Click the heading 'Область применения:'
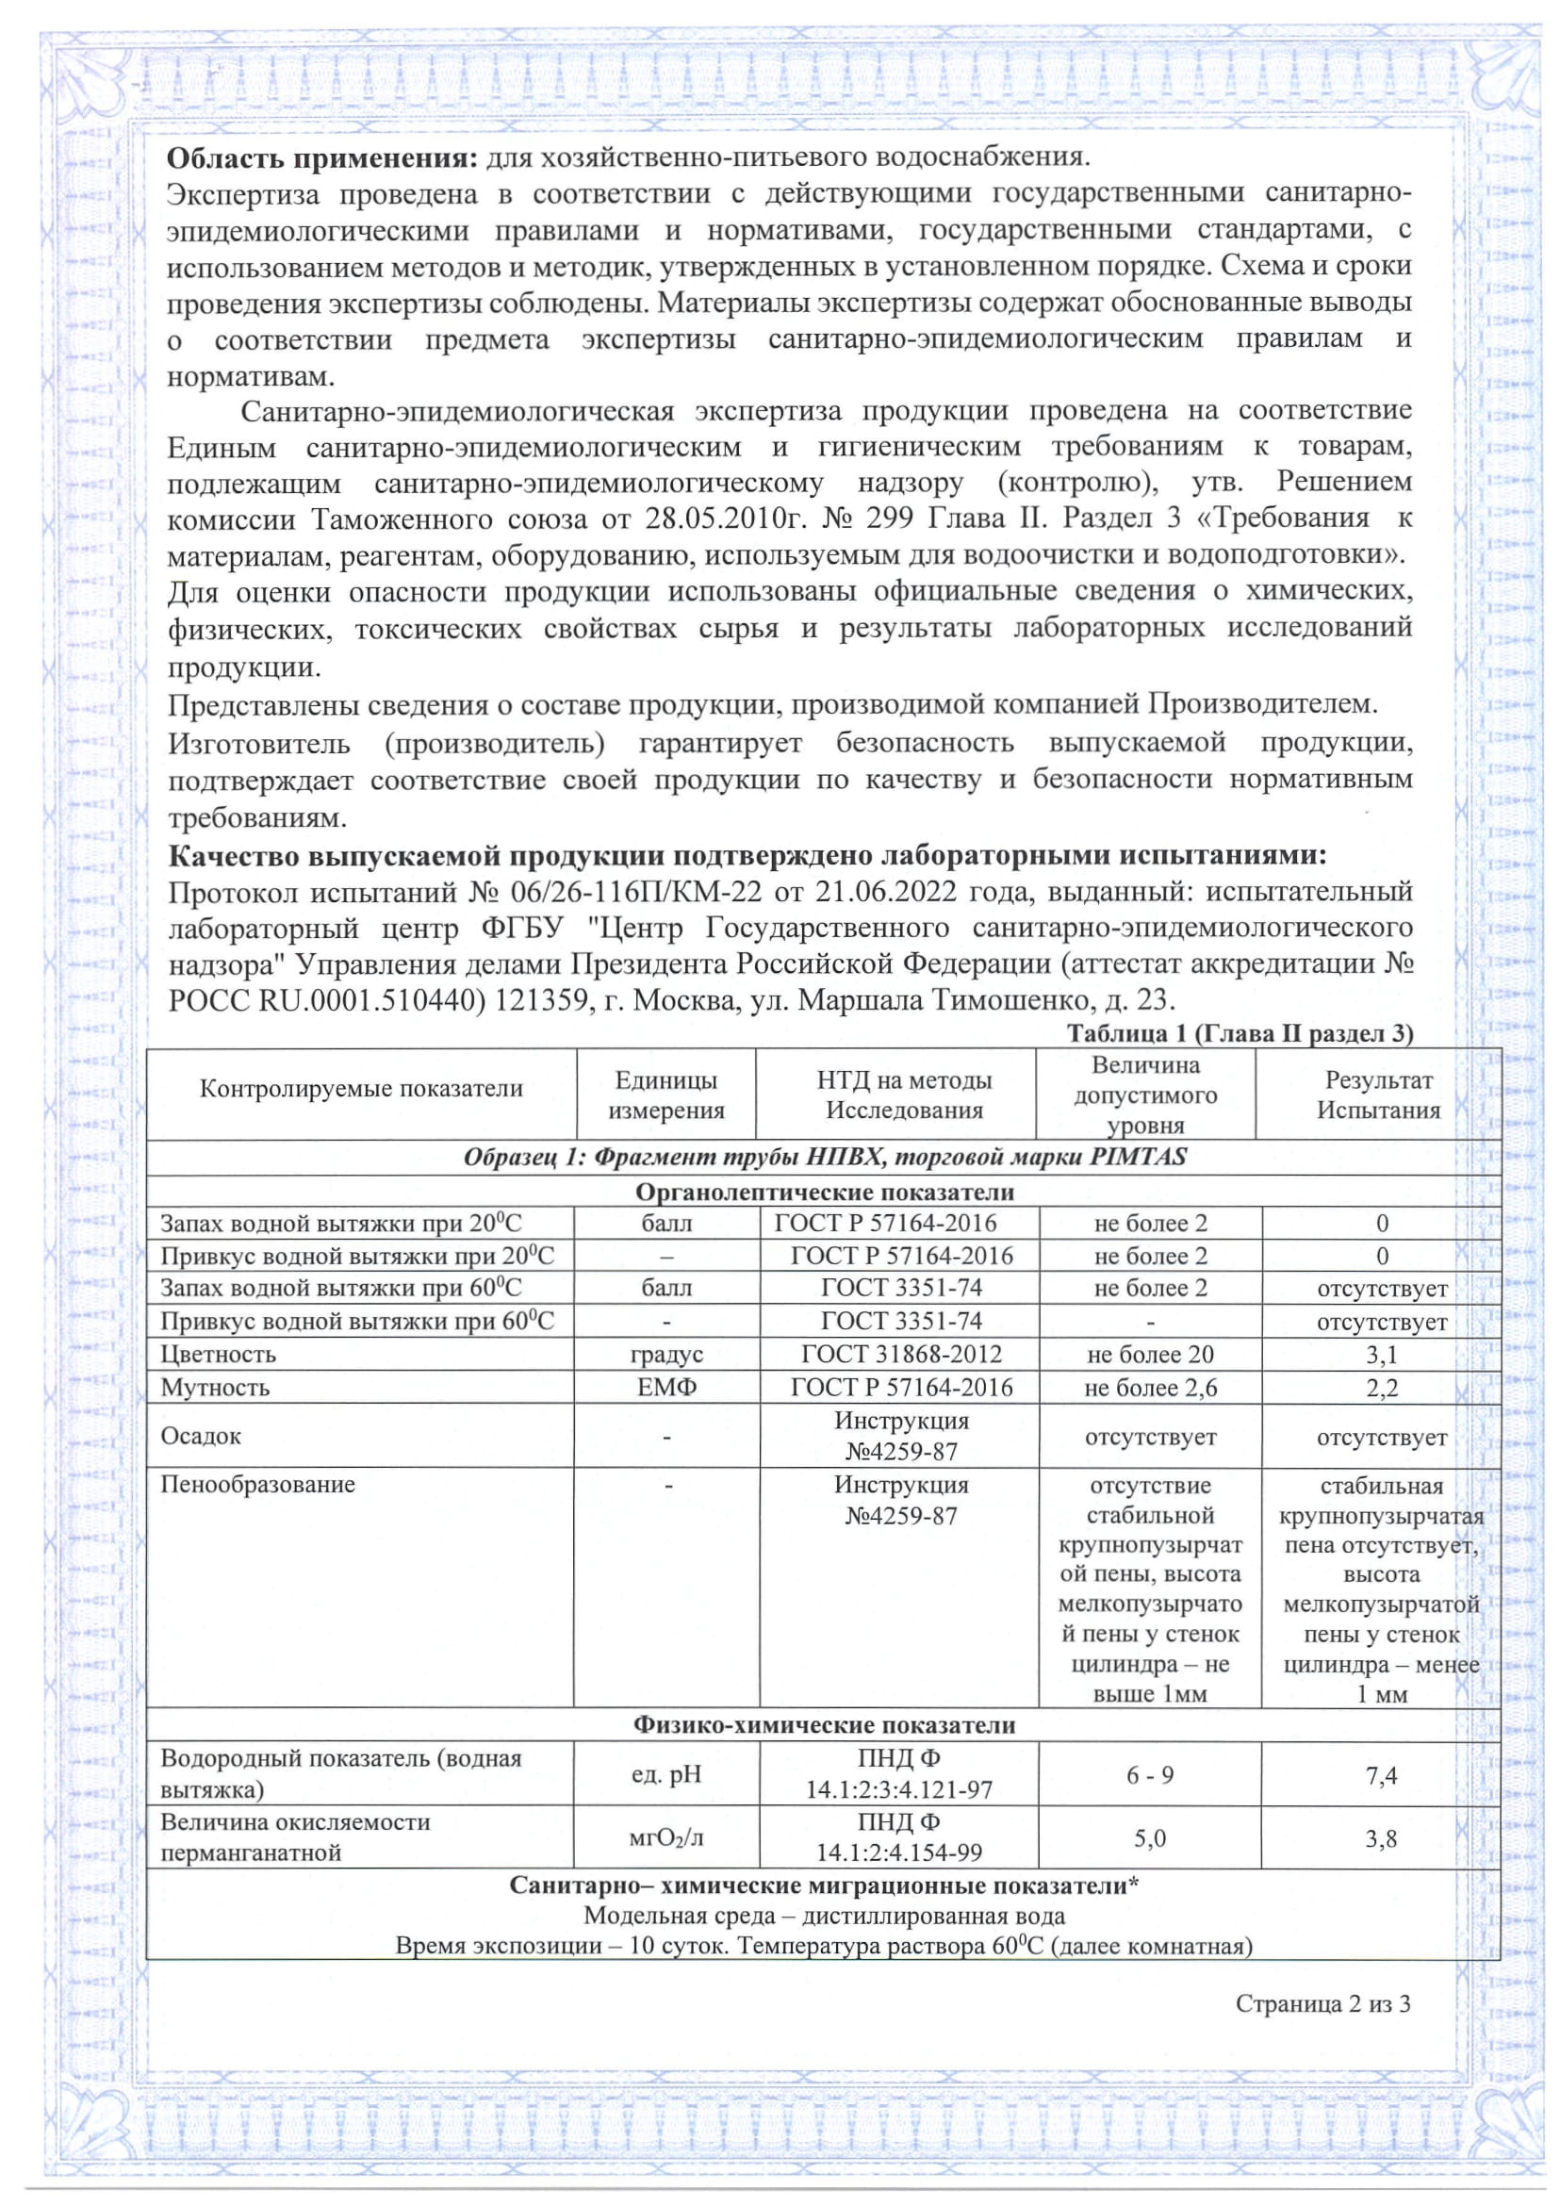coord(321,157)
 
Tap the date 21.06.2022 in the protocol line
coord(886,892)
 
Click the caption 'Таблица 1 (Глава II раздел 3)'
coord(1240,1034)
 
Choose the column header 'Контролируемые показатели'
coord(361,1089)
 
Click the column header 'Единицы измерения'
coord(665,1095)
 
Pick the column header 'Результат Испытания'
coord(1378,1095)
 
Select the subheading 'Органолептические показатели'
coord(824,1193)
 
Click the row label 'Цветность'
coord(218,1355)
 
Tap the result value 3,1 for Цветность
coord(1381,1355)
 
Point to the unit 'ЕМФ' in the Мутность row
coord(666,1388)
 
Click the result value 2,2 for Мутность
coord(1381,1388)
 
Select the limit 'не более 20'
coord(1150,1355)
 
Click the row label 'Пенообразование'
coord(257,1485)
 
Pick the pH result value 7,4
coord(1381,1775)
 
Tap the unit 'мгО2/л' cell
coord(666,1839)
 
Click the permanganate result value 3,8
coord(1381,1839)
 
